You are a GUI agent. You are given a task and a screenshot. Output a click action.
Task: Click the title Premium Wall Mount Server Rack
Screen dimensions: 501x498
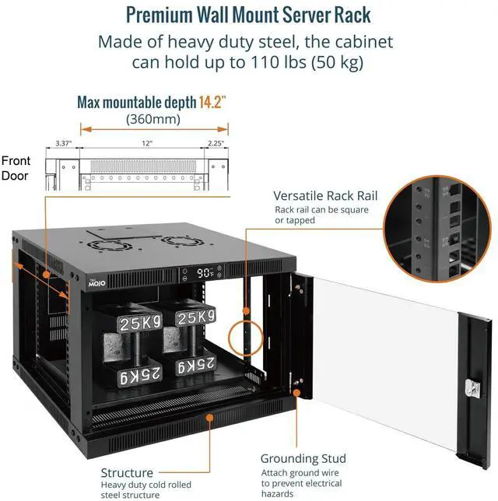point(248,15)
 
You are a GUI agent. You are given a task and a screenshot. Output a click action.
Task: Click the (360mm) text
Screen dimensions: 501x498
point(153,120)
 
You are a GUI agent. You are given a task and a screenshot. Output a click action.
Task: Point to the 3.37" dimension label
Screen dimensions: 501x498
point(64,143)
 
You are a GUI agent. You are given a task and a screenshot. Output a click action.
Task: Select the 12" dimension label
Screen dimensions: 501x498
point(147,143)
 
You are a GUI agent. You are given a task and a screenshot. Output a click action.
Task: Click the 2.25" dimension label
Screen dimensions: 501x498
point(216,143)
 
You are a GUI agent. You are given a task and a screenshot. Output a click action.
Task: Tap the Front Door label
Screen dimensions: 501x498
point(16,168)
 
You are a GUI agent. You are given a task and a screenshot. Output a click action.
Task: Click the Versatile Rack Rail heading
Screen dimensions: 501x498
point(325,195)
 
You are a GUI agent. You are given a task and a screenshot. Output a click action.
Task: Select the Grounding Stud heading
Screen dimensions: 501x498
point(303,458)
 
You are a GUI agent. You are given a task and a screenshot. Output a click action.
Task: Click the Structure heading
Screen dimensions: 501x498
point(127,472)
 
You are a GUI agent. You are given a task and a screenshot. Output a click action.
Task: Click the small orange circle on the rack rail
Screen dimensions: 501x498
point(246,335)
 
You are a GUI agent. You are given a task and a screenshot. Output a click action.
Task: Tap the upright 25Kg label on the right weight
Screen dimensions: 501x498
point(195,318)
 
